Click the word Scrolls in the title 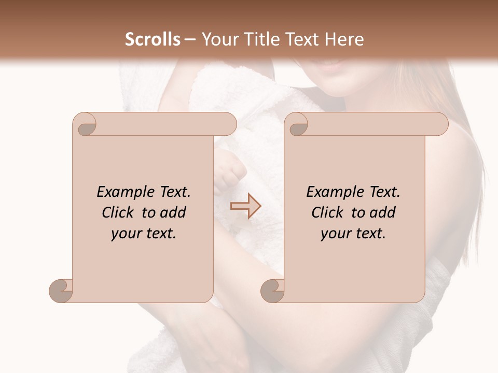click(x=153, y=39)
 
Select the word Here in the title click(x=343, y=39)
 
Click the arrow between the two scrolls click(x=245, y=206)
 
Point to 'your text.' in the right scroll click(x=353, y=234)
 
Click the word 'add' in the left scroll click(x=173, y=212)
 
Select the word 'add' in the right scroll click(x=382, y=212)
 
